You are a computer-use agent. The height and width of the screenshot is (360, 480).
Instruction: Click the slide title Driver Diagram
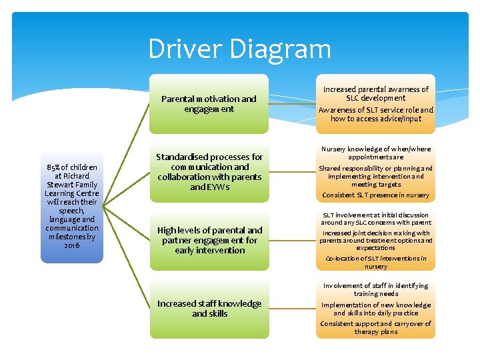[x=239, y=49]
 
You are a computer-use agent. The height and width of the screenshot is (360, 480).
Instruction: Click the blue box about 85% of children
[x=72, y=206]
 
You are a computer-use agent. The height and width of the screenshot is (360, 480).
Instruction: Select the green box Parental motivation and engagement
[x=209, y=104]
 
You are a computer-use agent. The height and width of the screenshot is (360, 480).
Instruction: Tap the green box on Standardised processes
[x=209, y=172]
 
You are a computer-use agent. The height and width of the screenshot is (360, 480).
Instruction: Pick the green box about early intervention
[x=209, y=240]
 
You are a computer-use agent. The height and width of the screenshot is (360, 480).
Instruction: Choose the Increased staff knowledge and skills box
[x=209, y=308]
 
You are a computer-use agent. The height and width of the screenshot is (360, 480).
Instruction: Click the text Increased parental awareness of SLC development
[x=375, y=93]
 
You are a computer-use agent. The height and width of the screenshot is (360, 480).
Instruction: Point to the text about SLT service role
[x=375, y=114]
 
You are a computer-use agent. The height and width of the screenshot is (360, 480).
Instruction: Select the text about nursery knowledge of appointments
[x=375, y=153]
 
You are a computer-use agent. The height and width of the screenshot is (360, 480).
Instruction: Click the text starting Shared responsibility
[x=375, y=176]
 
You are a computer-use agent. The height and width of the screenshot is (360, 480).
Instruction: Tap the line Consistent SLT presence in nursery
[x=375, y=195]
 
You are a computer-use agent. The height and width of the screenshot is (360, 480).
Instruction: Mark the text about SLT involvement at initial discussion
[x=375, y=219]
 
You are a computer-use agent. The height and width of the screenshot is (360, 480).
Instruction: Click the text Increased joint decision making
[x=375, y=240]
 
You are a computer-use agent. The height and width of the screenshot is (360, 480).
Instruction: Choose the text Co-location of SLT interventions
[x=375, y=262]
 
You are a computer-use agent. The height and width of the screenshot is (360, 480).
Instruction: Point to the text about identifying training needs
[x=375, y=289]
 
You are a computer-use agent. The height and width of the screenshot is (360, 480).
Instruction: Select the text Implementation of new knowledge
[x=375, y=309]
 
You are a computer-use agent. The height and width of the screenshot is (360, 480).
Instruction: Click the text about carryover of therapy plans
[x=375, y=327]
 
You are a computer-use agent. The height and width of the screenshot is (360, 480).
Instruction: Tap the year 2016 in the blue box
[x=72, y=245]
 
